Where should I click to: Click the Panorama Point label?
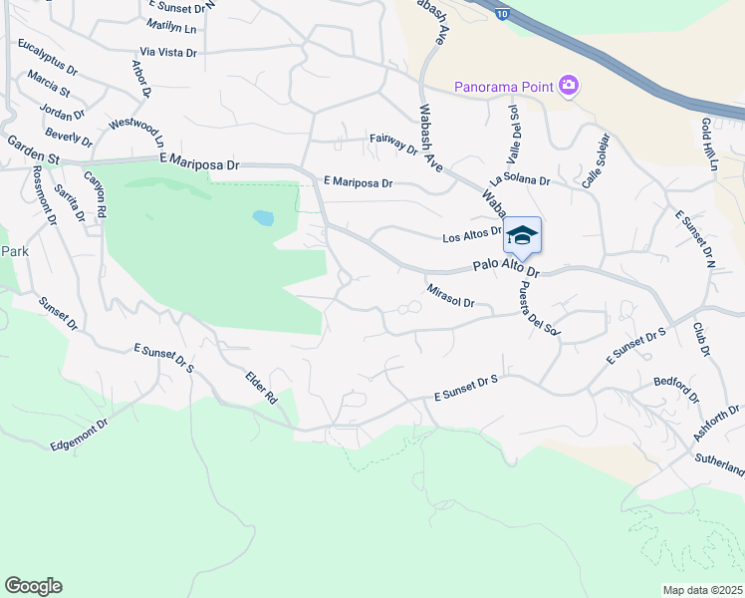503,86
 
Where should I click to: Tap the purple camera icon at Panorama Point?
569,86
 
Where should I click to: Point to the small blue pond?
263,216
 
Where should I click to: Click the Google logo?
33,586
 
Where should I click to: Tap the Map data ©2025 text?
703,590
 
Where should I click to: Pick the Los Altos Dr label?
470,236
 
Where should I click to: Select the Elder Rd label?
261,387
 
